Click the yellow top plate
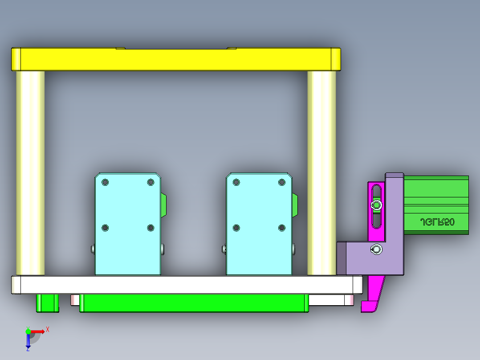pyautogui.click(x=176, y=60)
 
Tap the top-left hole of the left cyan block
pyautogui.click(x=105, y=182)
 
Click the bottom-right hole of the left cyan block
pyautogui.click(x=151, y=228)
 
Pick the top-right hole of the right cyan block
pyautogui.click(x=282, y=182)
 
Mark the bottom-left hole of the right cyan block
pyautogui.click(x=236, y=228)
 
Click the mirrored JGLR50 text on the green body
pyautogui.click(x=437, y=222)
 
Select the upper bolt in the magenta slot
pyautogui.click(x=377, y=205)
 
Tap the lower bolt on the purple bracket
pyautogui.click(x=377, y=250)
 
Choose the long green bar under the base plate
pyautogui.click(x=194, y=303)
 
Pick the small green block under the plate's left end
pyautogui.click(x=47, y=303)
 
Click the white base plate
pyautogui.click(x=187, y=285)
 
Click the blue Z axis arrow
pyautogui.click(x=28, y=341)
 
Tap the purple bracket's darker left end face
pyautogui.click(x=342, y=258)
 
